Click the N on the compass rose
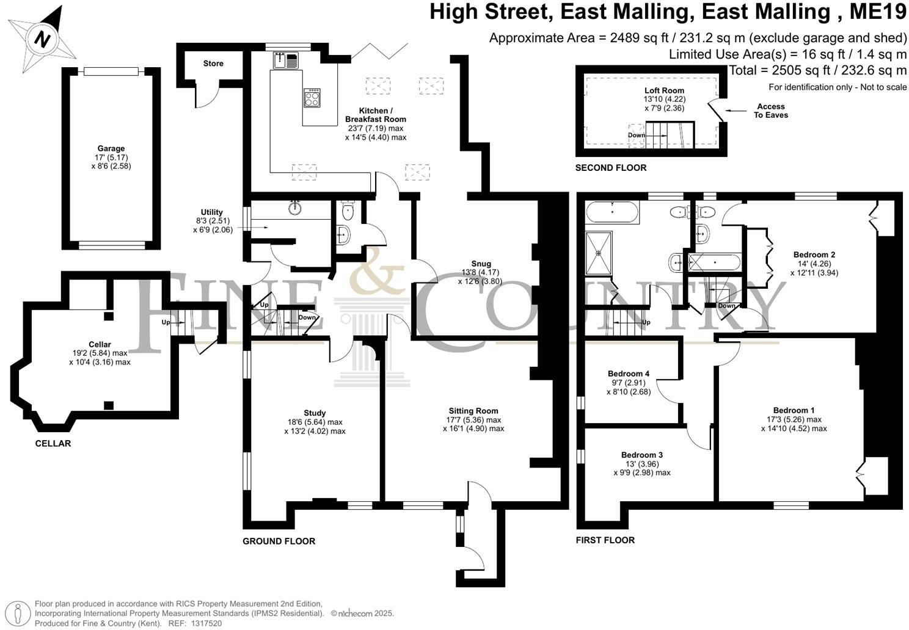pyautogui.click(x=42, y=39)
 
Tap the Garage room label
pyautogui.click(x=111, y=148)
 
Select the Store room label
pyautogui.click(x=213, y=63)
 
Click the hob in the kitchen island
pyautogui.click(x=312, y=98)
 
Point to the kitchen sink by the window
pyautogui.click(x=286, y=60)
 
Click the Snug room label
pyautogui.click(x=481, y=264)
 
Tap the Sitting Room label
pyautogui.click(x=473, y=411)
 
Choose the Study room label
pyautogui.click(x=315, y=413)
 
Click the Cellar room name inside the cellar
pyautogui.click(x=100, y=344)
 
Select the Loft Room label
pyautogui.click(x=664, y=90)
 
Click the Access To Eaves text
pyautogui.click(x=770, y=110)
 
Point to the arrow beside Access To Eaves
pyautogui.click(x=736, y=110)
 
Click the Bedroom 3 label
pyautogui.click(x=642, y=455)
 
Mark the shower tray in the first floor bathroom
pyautogui.click(x=599, y=253)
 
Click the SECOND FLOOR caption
pyautogui.click(x=611, y=168)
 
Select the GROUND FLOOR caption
pyautogui.click(x=279, y=541)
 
